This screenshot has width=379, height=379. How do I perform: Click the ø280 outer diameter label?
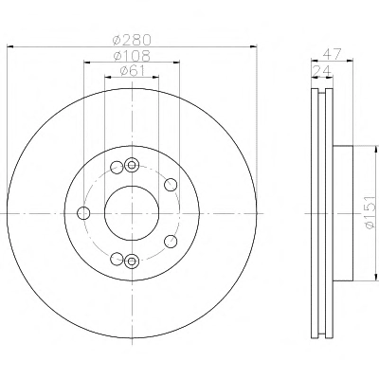132,40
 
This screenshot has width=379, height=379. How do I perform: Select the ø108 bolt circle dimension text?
132,56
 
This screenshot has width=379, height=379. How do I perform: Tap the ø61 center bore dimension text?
133,71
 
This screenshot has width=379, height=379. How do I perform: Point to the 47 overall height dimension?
332,54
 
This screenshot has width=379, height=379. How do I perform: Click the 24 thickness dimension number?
322,70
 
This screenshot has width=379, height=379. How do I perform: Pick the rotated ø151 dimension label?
370,212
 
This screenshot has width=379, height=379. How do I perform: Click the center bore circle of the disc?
132,213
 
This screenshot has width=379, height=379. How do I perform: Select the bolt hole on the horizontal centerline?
83,213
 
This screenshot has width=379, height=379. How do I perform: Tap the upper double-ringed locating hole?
132,165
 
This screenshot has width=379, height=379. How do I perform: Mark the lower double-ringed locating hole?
132,262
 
